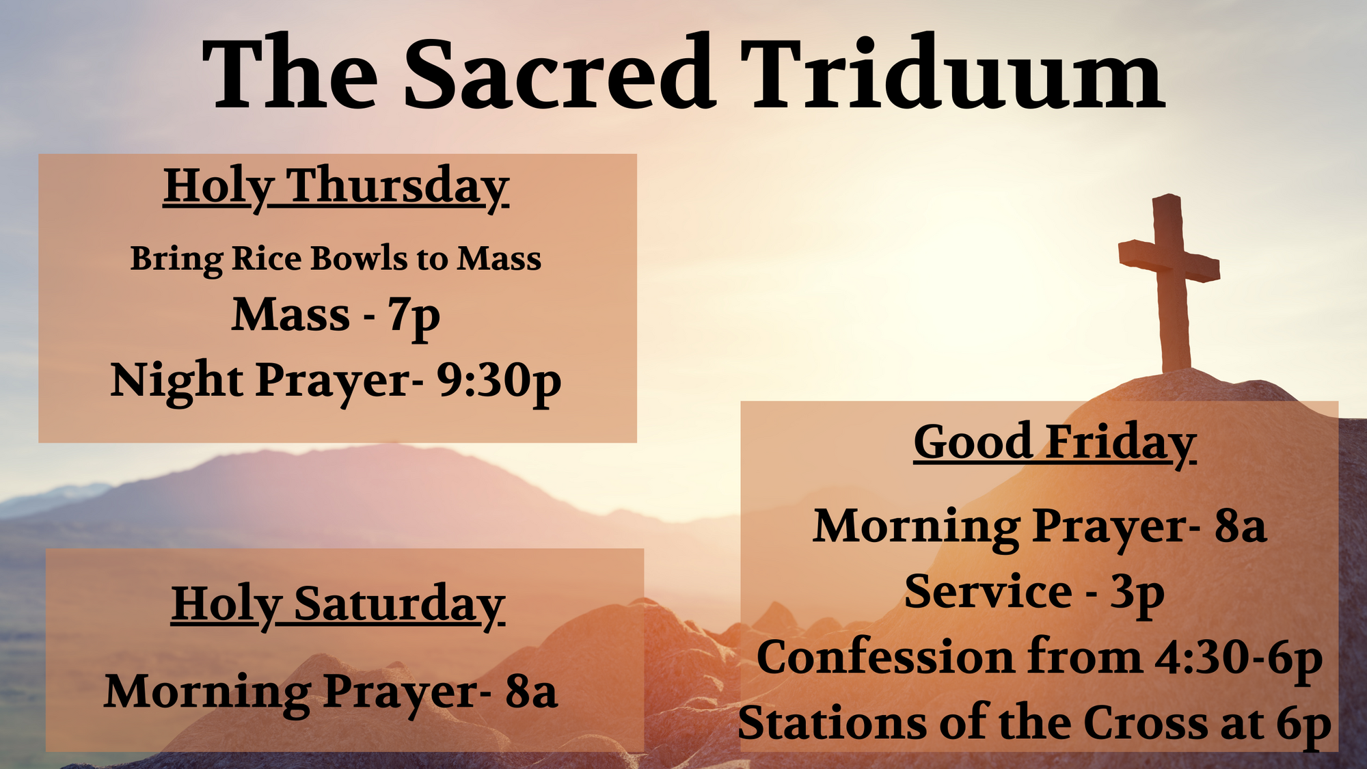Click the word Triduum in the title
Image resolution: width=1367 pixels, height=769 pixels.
(952, 73)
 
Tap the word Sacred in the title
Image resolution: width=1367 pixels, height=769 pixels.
(560, 73)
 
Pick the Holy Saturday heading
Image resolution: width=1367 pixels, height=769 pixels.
(338, 606)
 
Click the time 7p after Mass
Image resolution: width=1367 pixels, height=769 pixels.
(414, 317)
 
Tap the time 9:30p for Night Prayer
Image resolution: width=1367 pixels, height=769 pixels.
(499, 381)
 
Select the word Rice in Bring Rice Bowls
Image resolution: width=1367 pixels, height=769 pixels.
(267, 258)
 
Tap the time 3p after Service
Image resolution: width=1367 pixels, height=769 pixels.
(1137, 593)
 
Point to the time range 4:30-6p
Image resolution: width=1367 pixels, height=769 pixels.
(1239, 659)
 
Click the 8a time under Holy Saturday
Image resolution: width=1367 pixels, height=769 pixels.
(531, 692)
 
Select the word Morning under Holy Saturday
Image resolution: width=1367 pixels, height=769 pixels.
(208, 693)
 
